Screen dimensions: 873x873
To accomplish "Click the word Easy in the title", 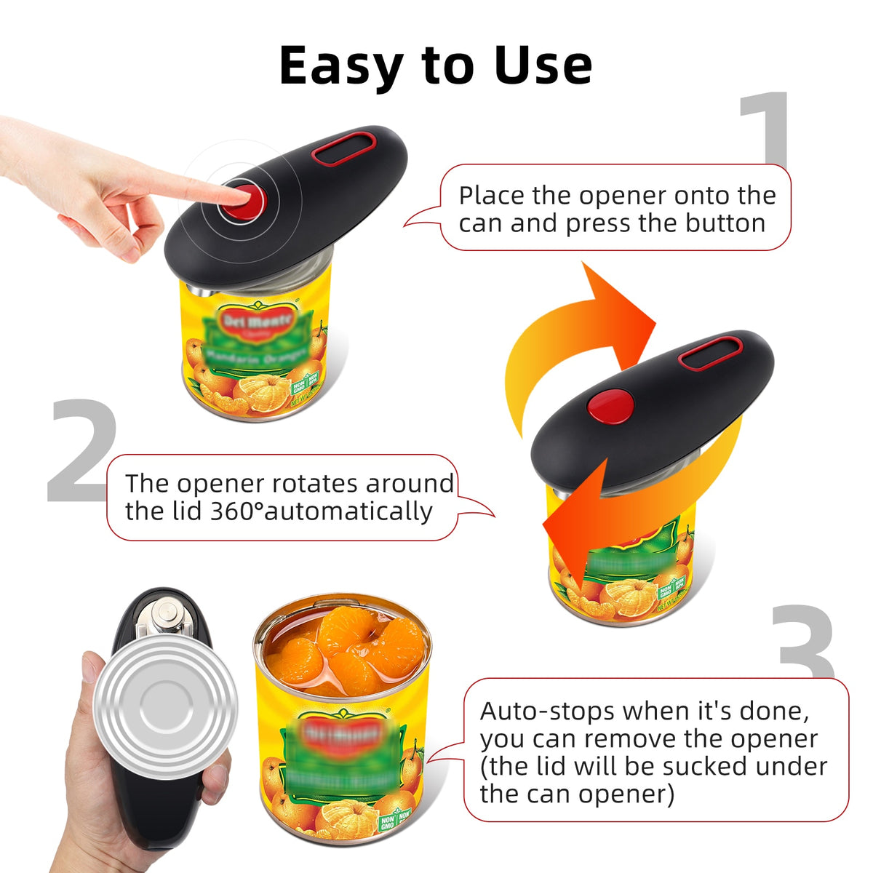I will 340,65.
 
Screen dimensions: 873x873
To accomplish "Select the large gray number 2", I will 81,451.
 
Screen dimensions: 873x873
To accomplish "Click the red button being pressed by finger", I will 242,199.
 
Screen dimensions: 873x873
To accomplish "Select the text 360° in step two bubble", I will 236,511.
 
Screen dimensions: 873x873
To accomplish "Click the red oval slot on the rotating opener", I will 710,354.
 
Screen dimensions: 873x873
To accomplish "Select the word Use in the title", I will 543,65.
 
